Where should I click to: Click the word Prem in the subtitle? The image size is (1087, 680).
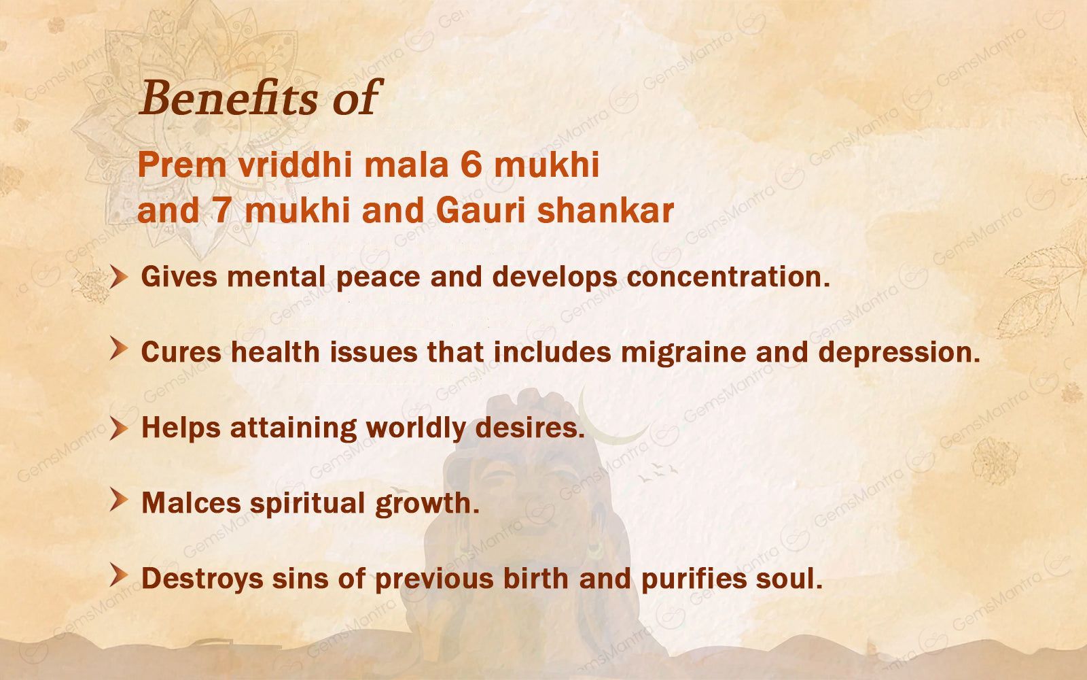pyautogui.click(x=183, y=165)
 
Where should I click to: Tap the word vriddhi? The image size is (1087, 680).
pyautogui.click(x=295, y=164)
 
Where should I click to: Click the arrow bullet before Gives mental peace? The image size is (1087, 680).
pyautogui.click(x=118, y=276)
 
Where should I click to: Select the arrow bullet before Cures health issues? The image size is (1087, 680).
pyautogui.click(x=118, y=348)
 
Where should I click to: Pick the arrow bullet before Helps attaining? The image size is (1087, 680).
pyautogui.click(x=118, y=428)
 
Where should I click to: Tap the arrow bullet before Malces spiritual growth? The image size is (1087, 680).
pyautogui.click(x=118, y=500)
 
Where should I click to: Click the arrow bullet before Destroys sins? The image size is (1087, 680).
pyautogui.click(x=118, y=575)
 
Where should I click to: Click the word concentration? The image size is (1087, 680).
pyautogui.click(x=728, y=276)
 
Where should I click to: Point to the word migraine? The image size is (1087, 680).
pyautogui.click(x=683, y=353)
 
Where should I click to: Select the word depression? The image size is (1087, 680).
pyautogui.click(x=899, y=353)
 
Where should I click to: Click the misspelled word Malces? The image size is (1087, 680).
pyautogui.click(x=191, y=503)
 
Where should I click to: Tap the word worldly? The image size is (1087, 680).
pyautogui.click(x=416, y=428)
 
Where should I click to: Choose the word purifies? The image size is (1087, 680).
pyautogui.click(x=694, y=579)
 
